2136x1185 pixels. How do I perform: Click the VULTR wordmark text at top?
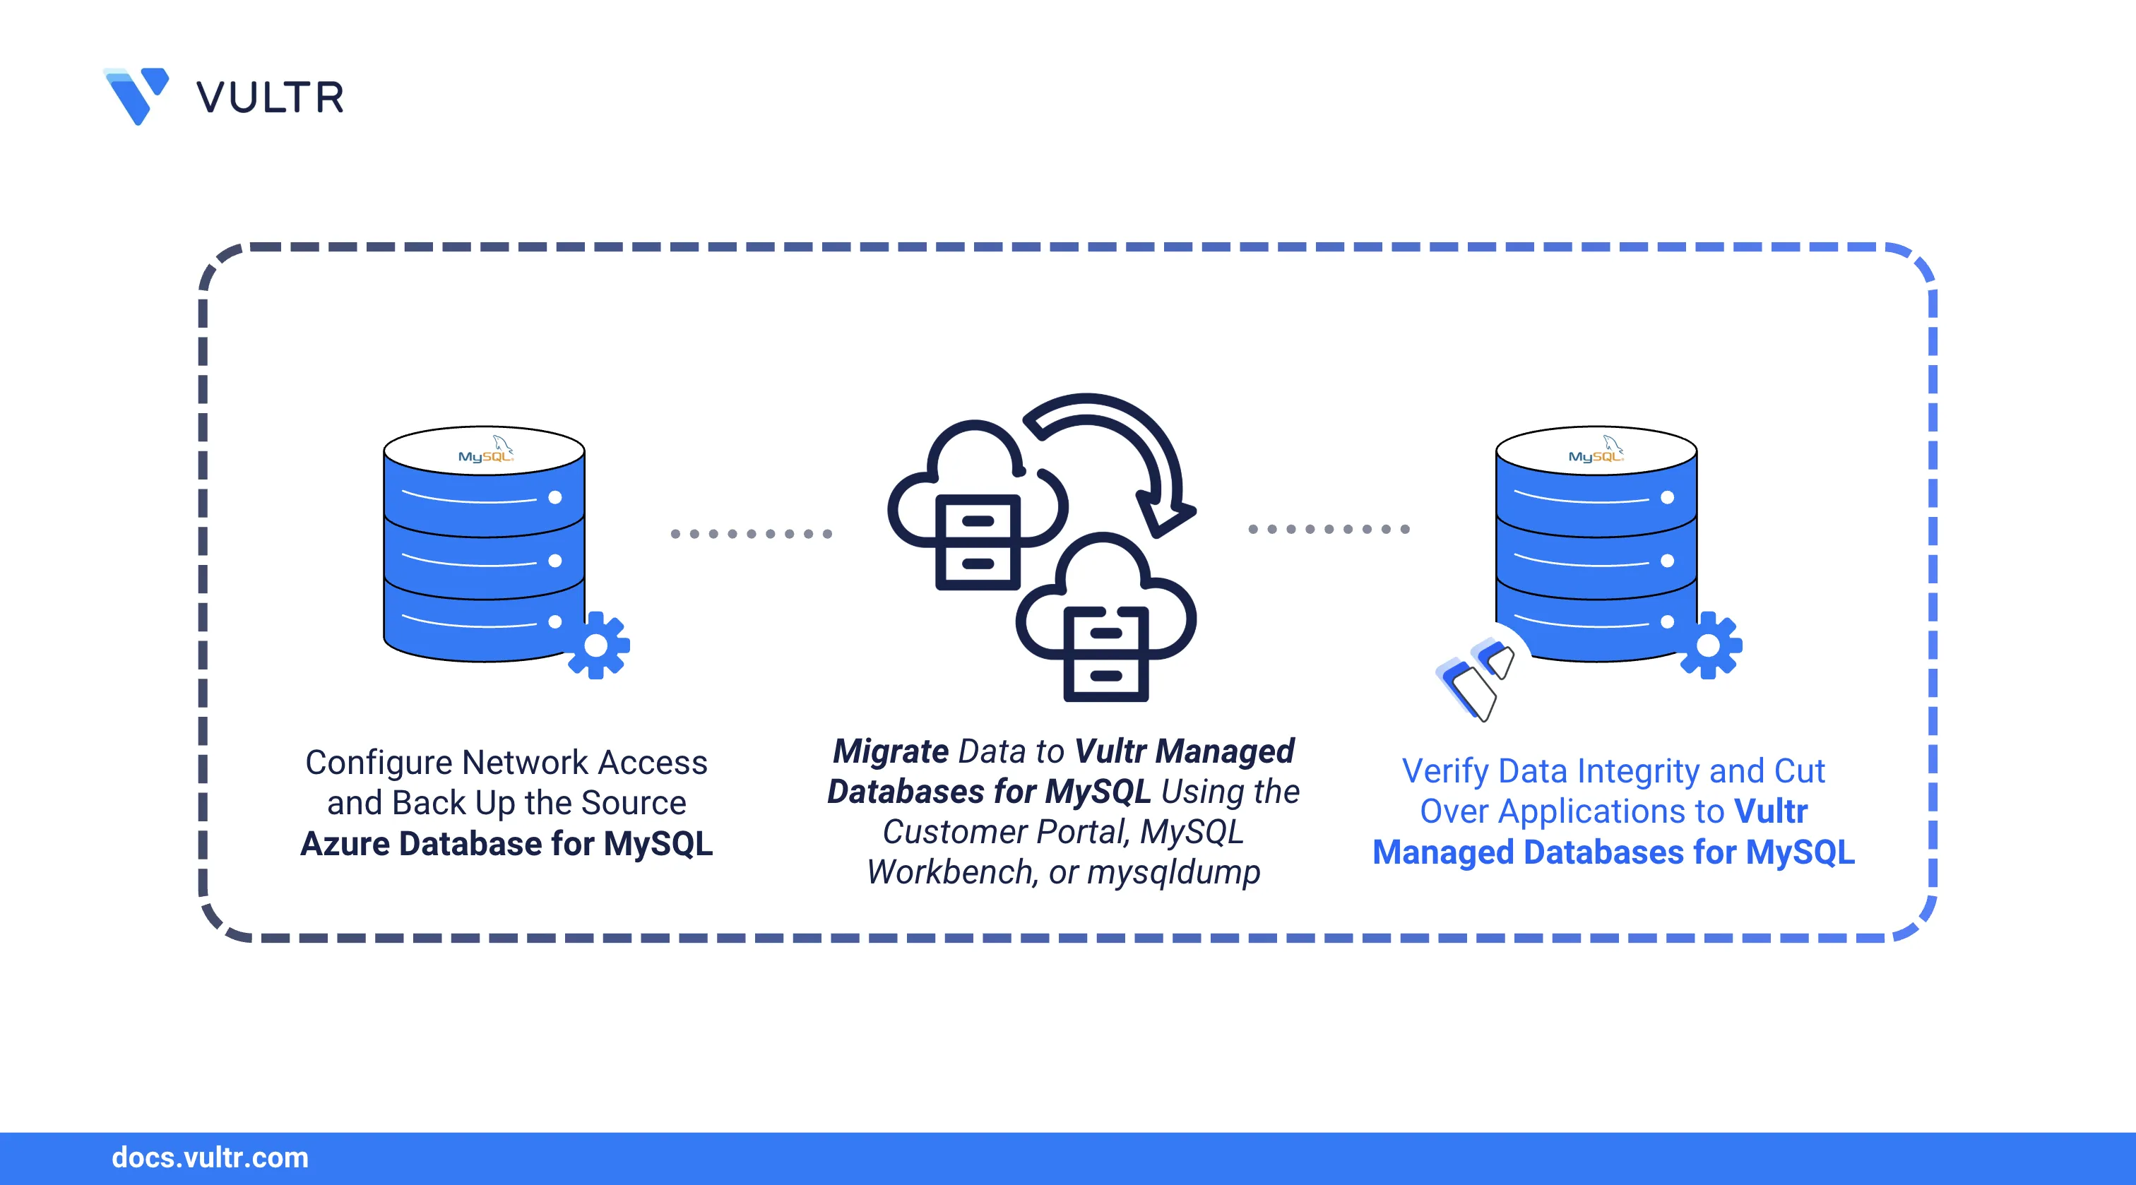(x=270, y=98)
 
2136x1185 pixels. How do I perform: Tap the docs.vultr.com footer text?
(x=210, y=1157)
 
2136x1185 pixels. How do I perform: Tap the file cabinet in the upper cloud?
(x=978, y=542)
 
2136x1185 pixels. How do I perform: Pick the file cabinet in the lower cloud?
(x=1106, y=654)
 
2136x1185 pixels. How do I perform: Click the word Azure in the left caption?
(x=345, y=844)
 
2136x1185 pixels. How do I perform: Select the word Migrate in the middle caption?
(x=891, y=751)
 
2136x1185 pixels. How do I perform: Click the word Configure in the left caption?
(x=378, y=763)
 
